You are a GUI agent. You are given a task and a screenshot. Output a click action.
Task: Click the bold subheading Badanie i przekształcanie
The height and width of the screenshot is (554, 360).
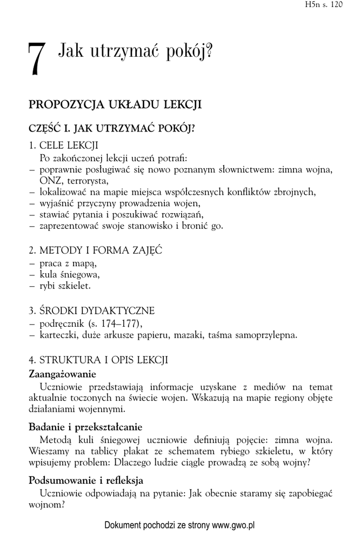point(85,426)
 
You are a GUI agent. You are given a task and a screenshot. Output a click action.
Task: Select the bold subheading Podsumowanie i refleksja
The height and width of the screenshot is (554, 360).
point(85,480)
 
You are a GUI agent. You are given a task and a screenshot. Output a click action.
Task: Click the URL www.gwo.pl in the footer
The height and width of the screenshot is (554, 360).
point(233,525)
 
